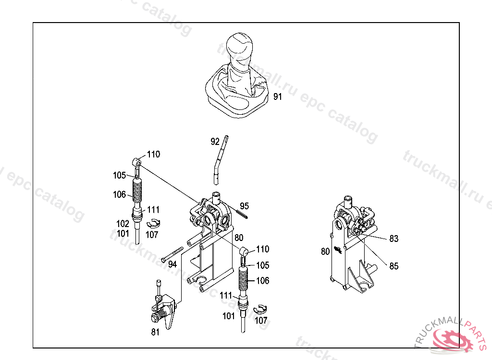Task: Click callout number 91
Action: (277, 96)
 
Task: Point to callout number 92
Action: (215, 142)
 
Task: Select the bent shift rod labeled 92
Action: (220, 160)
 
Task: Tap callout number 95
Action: (244, 206)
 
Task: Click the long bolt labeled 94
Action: (172, 254)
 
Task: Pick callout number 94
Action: (172, 264)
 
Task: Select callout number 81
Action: (155, 332)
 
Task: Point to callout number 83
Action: (394, 239)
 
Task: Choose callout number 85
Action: (394, 266)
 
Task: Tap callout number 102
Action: (123, 224)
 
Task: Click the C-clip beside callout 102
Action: (153, 223)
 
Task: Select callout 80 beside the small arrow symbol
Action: (325, 252)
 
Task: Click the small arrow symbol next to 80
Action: (338, 250)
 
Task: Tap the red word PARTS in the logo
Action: (477, 333)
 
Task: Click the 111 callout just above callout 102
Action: (153, 209)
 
